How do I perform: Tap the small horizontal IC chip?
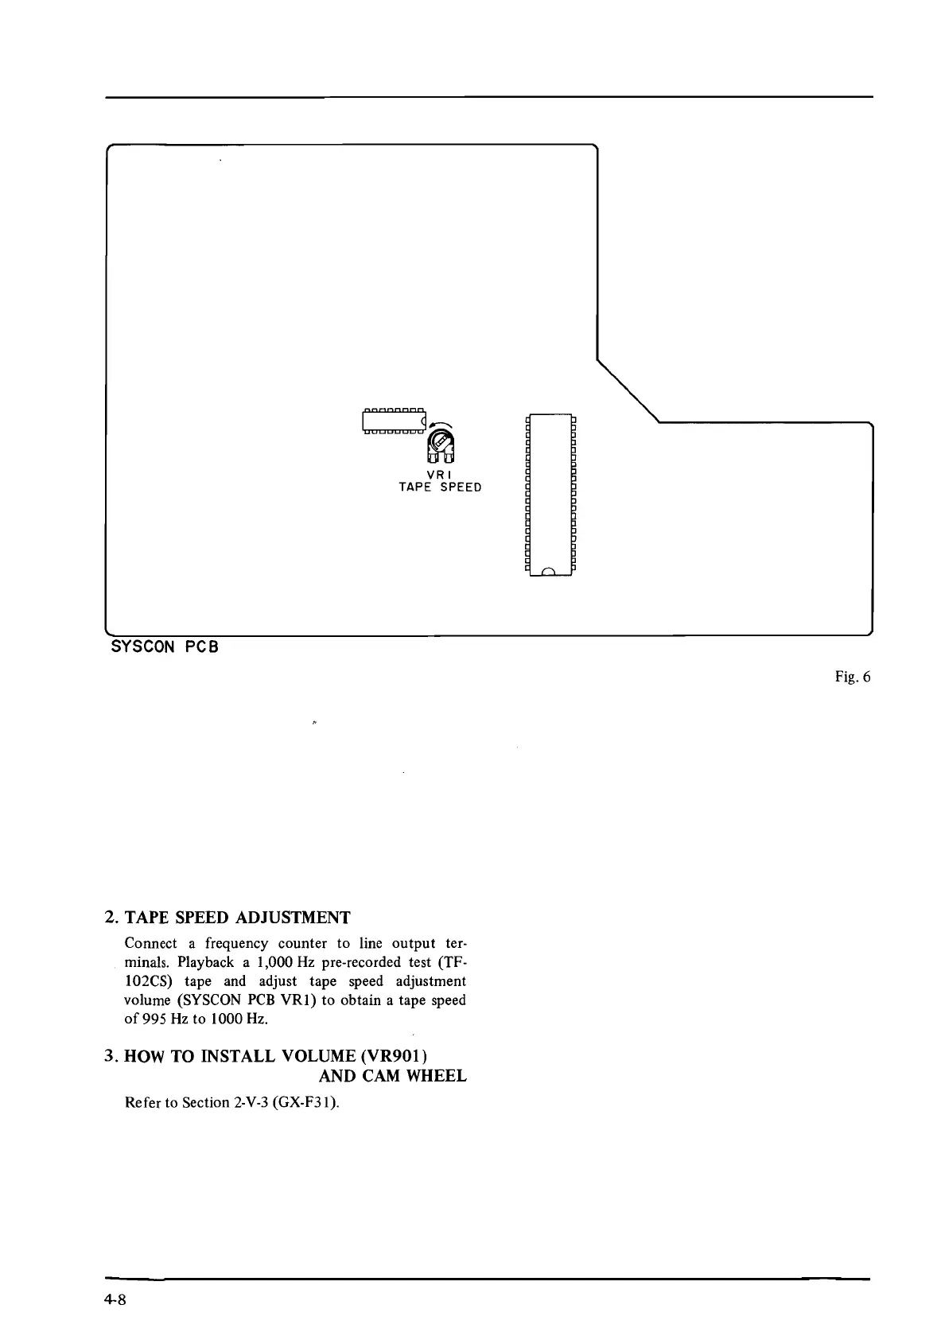[393, 421]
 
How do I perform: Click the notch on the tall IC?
[550, 571]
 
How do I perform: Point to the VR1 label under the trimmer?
[440, 475]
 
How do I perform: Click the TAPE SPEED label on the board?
[440, 487]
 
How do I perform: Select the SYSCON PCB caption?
[165, 647]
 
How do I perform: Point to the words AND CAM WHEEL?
[392, 1076]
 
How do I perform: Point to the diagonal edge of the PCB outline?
[628, 390]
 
